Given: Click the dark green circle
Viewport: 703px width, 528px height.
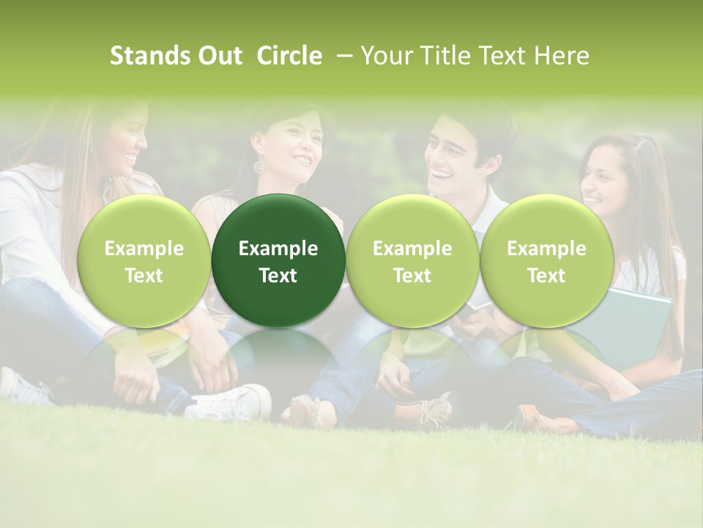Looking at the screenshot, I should (x=278, y=261).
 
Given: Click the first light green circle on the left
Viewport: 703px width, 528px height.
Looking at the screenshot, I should (x=144, y=261).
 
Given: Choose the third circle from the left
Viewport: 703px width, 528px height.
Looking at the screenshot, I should (x=412, y=261).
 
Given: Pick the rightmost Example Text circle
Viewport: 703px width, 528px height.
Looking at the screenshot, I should (x=546, y=261).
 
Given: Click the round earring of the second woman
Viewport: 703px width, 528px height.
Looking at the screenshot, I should (x=259, y=166).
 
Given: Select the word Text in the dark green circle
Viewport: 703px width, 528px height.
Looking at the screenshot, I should (x=278, y=276).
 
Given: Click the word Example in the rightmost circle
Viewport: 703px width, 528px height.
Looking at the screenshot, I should (x=546, y=249).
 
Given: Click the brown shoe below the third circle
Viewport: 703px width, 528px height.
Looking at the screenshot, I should (x=432, y=411).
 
